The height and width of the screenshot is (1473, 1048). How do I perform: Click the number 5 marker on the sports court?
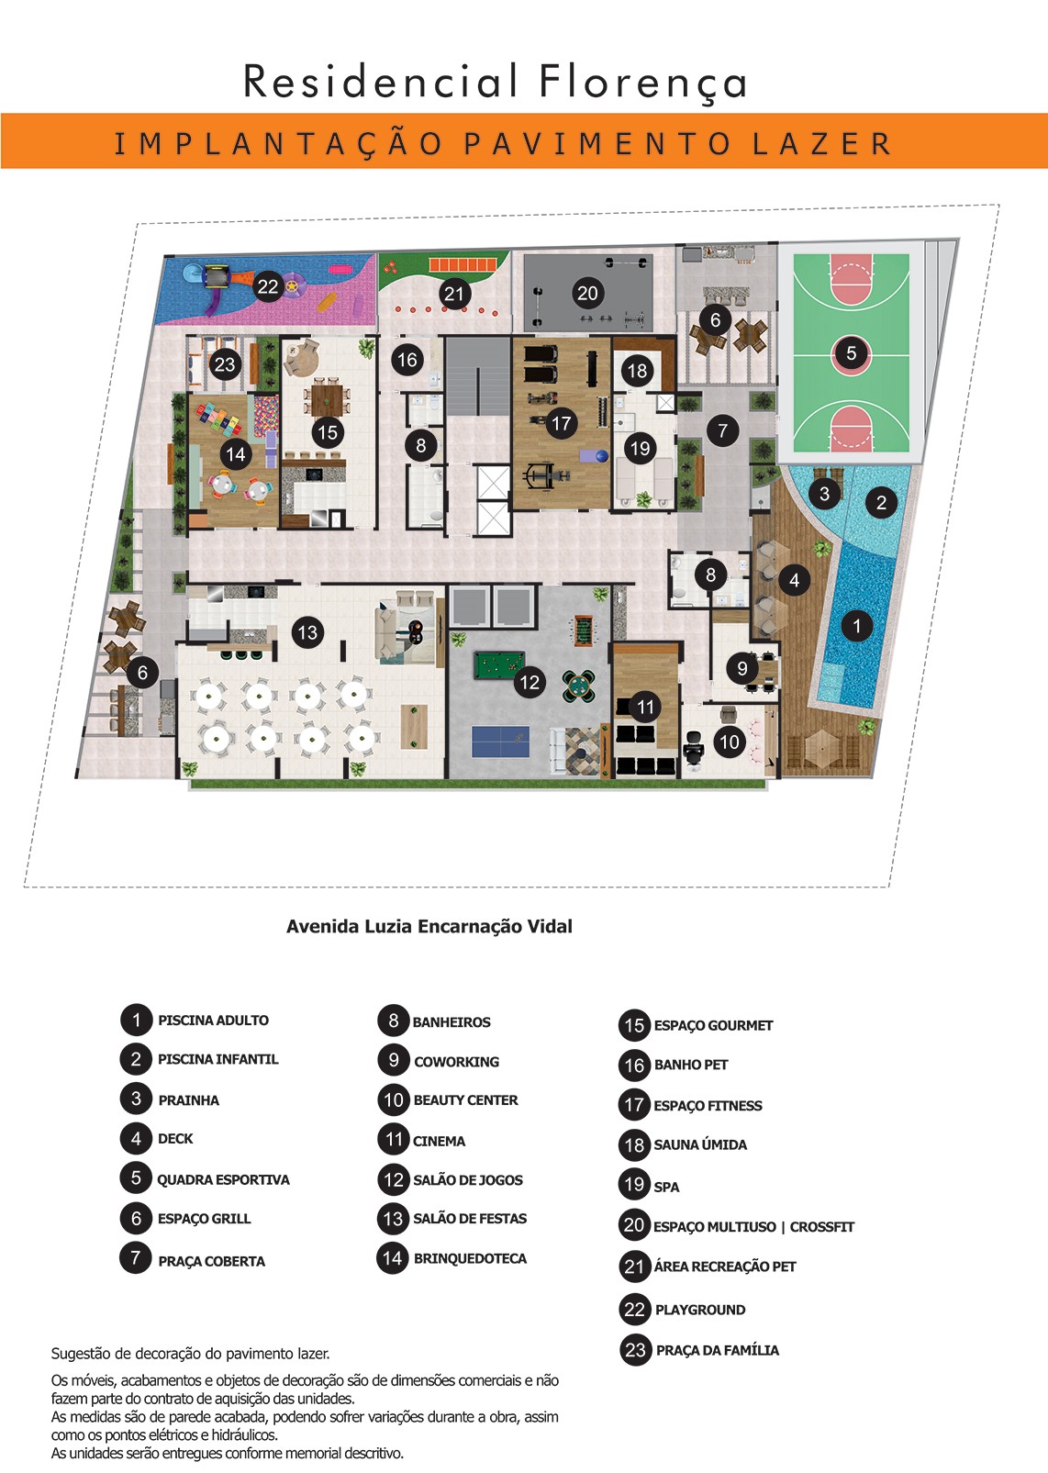851,353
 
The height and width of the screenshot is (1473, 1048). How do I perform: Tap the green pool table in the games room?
499,665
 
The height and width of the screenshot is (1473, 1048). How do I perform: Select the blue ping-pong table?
500,742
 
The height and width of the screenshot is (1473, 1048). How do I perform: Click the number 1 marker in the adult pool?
856,625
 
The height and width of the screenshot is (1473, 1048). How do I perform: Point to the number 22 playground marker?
268,286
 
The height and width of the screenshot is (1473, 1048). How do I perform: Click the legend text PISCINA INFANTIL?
217,1059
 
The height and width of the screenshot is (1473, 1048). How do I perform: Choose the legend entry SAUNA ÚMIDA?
700,1144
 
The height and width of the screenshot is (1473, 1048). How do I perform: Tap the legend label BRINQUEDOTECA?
470,1258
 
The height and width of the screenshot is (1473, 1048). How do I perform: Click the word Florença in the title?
643,83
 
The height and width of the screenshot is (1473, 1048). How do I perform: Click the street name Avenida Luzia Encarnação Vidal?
429,927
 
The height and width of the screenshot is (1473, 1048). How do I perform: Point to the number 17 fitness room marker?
562,423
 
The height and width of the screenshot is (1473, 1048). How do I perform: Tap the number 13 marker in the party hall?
307,632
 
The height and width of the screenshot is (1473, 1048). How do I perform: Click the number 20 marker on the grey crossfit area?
587,293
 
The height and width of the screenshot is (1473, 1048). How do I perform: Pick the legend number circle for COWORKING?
394,1060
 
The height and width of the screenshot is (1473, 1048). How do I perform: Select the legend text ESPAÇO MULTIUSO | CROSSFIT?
753,1227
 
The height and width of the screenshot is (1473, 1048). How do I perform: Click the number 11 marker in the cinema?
646,707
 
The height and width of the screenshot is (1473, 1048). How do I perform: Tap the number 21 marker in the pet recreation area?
454,294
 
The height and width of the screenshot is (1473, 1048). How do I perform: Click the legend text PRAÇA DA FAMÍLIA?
718,1351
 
